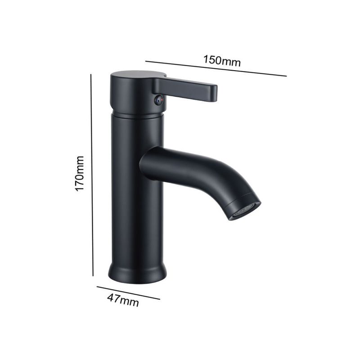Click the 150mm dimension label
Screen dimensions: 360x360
point(222,61)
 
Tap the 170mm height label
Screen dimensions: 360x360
point(80,173)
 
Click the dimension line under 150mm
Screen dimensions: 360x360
point(216,68)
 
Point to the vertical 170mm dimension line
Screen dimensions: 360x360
point(92,175)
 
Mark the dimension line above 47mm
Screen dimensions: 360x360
point(128,293)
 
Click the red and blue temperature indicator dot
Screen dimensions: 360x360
point(159,100)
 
